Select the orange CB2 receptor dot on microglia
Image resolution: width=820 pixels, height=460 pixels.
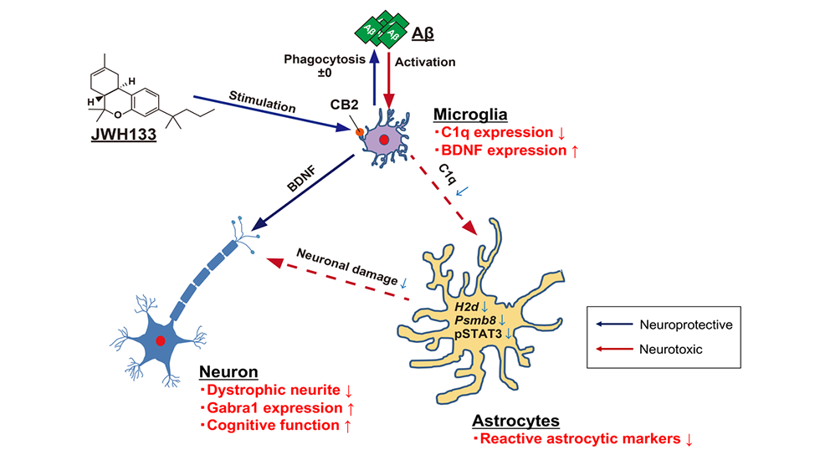[360, 131]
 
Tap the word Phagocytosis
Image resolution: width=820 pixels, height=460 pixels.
[322, 61]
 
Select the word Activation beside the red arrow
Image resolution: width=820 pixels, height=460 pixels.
[427, 61]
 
